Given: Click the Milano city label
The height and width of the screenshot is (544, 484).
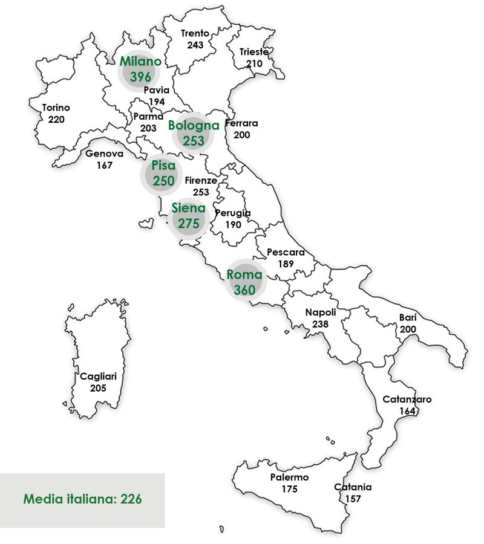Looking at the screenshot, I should coord(140,61).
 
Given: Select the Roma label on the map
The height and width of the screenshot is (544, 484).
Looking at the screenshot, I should coord(244,274).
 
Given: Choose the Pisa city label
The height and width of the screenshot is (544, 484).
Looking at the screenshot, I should coord(160,166).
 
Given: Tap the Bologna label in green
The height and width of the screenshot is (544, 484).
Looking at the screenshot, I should coord(194,126).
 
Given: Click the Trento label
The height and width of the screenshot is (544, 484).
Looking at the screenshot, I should coord(195,34).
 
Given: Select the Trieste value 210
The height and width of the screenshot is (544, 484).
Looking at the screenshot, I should coord(253,63).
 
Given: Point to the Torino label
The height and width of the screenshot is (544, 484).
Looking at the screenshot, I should coord(56,108).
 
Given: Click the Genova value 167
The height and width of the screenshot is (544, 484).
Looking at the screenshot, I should coord(104,165).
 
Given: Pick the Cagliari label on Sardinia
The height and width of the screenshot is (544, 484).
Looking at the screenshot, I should coord(98,376).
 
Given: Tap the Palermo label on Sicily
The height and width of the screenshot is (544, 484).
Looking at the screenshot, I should coord(289,478).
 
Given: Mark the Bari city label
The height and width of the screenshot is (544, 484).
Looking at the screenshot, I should coord(407,317).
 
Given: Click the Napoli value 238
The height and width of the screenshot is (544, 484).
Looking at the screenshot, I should coord(320,324).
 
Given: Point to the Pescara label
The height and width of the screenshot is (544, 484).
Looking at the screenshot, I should coord(286,253).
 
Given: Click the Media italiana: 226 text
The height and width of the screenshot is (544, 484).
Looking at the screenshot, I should coord(83,499).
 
